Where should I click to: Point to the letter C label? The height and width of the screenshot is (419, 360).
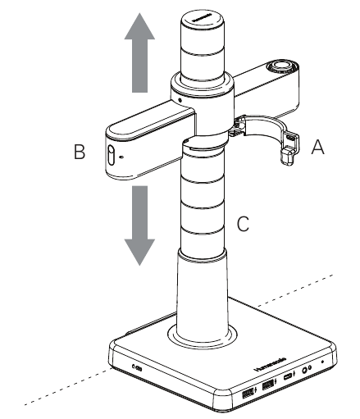tap(244, 223)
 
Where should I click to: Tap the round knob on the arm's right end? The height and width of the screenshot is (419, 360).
tap(283, 66)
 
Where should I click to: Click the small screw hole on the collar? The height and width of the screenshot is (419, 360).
tap(179, 102)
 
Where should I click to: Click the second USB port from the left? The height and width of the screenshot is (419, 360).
tap(268, 387)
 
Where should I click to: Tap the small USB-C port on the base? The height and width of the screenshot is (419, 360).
tap(289, 378)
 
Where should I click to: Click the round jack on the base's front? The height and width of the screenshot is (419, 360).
tap(307, 370)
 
